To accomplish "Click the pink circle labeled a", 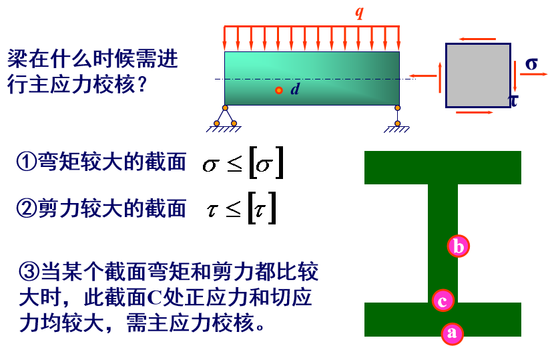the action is coord(453,333).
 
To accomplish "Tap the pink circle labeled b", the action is coord(459,246).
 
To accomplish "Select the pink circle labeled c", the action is coord(443,301).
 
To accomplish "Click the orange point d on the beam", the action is coord(279,91).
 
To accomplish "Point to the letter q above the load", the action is coord(359,12).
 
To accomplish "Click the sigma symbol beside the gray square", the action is coord(531,64).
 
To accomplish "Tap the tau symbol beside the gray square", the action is coord(513,100).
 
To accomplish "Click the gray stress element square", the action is coord(478,75).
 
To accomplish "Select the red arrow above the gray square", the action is coord(477,39).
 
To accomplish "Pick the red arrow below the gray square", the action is coord(475,112).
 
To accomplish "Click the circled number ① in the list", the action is coord(27,162).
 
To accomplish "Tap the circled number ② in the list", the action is coord(27,208).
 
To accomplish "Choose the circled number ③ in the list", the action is coord(29,272).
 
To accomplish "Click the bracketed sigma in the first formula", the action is coord(266,163).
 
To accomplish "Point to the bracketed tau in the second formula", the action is coord(262,208).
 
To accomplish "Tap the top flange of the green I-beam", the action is coord(443,168).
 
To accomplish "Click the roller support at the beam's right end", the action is coord(398,118).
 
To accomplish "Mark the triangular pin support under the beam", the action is coord(225,118).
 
